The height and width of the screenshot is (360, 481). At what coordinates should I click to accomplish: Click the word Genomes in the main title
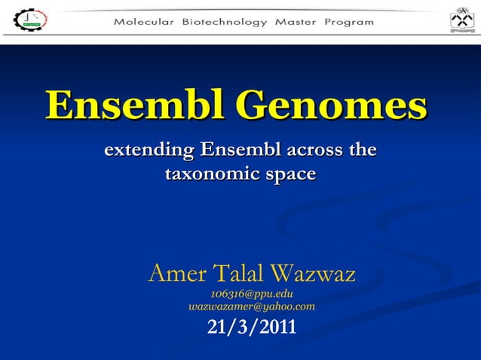329,106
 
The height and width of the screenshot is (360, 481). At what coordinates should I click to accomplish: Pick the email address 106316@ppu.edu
252,294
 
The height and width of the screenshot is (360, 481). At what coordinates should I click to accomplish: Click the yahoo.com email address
252,307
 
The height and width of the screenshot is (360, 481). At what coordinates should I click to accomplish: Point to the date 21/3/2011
252,328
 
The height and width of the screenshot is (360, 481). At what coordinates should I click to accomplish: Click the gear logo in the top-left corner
30,20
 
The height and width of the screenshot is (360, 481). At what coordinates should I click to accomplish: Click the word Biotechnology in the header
225,22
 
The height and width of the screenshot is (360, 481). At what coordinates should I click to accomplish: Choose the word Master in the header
296,22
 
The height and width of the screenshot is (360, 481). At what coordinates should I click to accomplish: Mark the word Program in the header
349,22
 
